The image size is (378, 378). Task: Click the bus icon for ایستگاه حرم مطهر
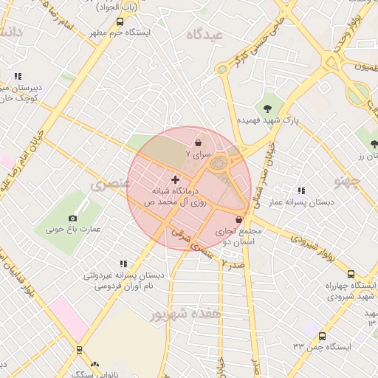pos(120,22)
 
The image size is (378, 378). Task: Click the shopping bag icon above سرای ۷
pos(198,142)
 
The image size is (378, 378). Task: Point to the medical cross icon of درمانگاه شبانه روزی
pos(175,179)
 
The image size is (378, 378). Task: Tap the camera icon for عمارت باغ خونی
pos(72,218)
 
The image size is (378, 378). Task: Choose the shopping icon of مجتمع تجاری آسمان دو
pos(238,219)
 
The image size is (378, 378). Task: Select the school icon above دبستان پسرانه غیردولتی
pos(123,263)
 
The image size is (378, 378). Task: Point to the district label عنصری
pos(106,184)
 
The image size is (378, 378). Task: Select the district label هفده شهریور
pos(185,314)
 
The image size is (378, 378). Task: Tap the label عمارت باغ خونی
pos(73,230)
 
